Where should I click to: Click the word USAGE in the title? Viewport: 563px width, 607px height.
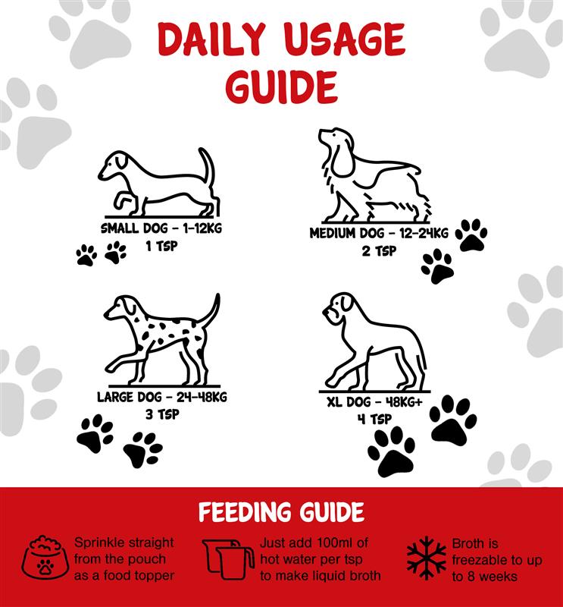tap(346, 39)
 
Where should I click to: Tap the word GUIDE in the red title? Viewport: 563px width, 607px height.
tap(282, 86)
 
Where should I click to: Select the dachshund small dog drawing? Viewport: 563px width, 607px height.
tap(159, 182)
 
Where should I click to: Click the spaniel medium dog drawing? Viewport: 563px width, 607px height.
tap(374, 175)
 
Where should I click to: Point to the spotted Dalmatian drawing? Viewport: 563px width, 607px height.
tap(162, 339)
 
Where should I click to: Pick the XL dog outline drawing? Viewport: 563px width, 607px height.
tap(375, 342)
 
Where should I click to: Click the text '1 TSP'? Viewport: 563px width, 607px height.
tap(161, 246)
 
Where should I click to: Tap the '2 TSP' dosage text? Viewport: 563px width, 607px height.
tap(379, 251)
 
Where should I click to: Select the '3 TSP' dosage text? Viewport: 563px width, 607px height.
tap(162, 414)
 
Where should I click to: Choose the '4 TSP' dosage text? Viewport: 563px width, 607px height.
tap(374, 419)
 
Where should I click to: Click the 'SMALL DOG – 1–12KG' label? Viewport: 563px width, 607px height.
tap(161, 228)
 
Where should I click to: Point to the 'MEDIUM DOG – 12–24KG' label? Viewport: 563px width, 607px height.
tap(379, 234)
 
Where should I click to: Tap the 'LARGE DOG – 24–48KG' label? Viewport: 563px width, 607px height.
tap(162, 397)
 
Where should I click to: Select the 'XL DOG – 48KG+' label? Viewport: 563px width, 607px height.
tap(374, 402)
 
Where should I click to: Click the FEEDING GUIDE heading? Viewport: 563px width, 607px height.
tap(282, 511)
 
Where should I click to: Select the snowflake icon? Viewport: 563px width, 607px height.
tap(427, 558)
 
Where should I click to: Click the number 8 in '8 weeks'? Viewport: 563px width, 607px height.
tap(471, 577)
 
